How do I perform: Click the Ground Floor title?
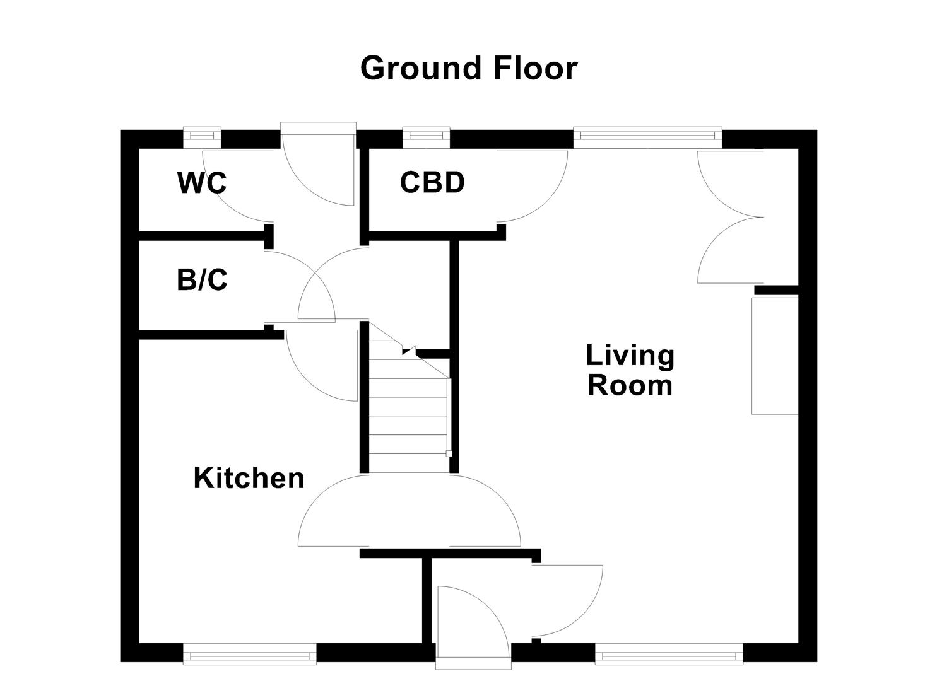point(468,68)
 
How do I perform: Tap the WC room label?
point(201,183)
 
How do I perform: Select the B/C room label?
point(202,279)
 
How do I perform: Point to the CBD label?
point(432,183)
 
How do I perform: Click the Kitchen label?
point(249,478)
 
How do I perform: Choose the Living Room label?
point(630,370)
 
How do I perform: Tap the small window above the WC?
point(202,135)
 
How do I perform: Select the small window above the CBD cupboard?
point(426,135)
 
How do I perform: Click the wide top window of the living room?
point(647,135)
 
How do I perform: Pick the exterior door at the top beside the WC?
point(319,167)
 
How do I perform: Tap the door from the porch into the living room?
point(568,599)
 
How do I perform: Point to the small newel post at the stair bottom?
point(449,453)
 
